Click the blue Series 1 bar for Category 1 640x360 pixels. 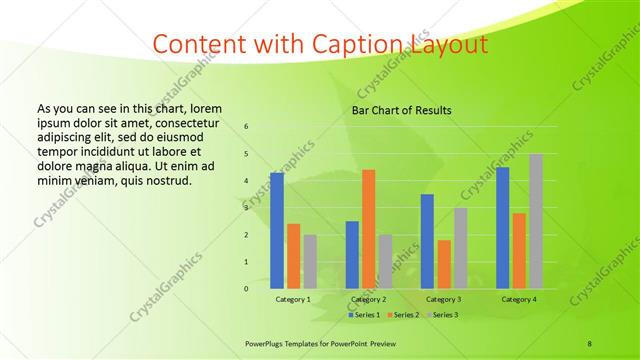coord(276,230)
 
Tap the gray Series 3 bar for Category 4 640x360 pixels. coord(535,221)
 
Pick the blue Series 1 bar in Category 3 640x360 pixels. coord(427,241)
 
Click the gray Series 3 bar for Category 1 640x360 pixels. coord(310,261)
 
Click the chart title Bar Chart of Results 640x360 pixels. coord(401,110)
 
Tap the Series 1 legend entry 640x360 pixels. coord(364,315)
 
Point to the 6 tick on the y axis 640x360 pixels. coord(246,127)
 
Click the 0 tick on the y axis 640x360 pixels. coord(246,289)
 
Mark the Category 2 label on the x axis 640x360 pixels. coord(368,299)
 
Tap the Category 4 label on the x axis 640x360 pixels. coord(518,299)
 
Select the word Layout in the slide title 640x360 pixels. coord(449,45)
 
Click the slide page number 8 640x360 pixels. coord(590,344)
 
